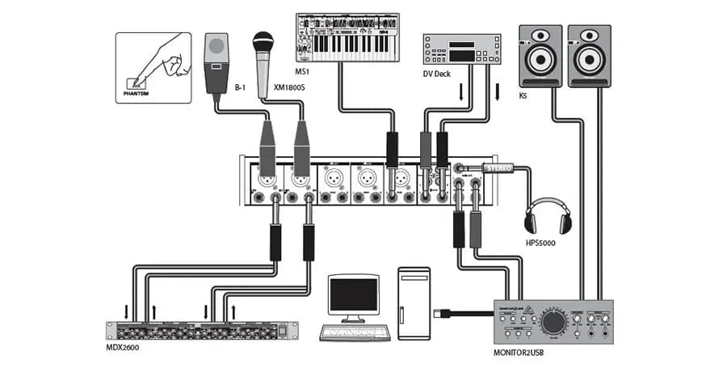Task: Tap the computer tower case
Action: (418, 302)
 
